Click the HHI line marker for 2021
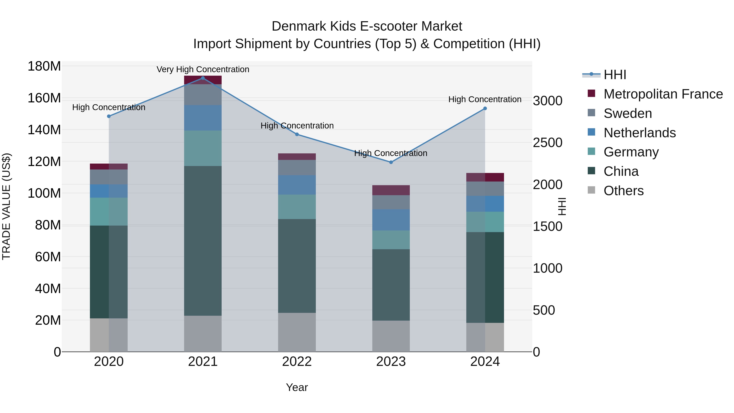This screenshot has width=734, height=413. pos(203,78)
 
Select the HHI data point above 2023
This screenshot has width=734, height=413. pos(391,162)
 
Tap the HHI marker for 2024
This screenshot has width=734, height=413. pos(485,109)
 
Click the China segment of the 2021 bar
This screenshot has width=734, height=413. pos(203,241)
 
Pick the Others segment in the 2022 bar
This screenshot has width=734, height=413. pos(297,332)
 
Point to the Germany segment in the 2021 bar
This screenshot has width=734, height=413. pos(203,148)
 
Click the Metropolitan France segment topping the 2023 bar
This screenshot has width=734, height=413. pos(391,190)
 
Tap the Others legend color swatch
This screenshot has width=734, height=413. pos(591,190)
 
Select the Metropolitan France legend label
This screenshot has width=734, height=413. pos(663,94)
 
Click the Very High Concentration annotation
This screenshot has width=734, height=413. pos(203,69)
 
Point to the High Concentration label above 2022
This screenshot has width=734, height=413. pos(297,126)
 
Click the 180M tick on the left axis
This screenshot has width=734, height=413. pos(44,66)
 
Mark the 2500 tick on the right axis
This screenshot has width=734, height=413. pos(547,143)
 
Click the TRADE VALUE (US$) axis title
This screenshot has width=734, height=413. pos(6,206)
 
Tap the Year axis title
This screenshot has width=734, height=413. pos(297,387)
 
